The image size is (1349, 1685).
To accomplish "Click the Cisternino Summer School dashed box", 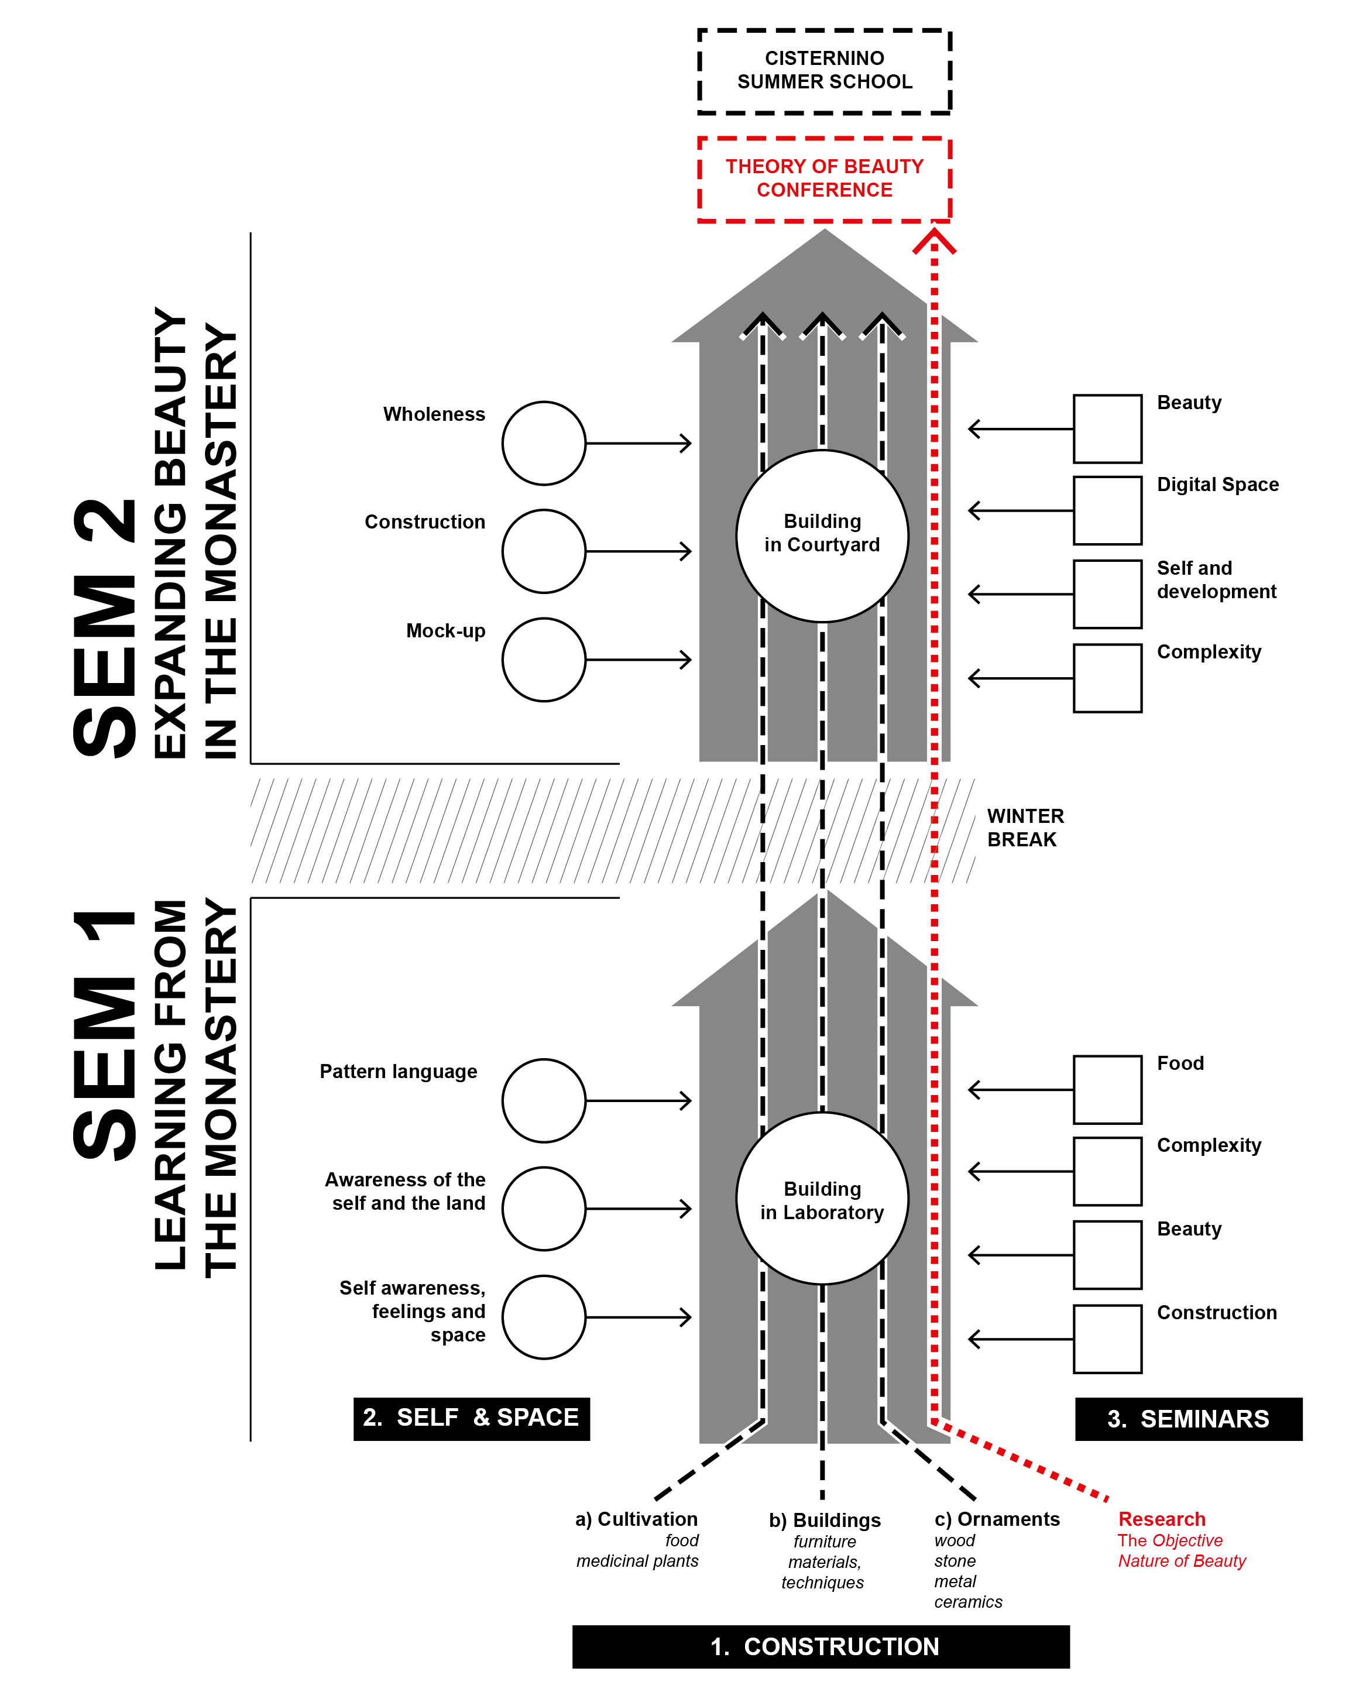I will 824,71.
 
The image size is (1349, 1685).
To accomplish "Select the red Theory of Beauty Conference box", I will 824,179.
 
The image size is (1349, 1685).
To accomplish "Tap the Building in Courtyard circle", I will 822,536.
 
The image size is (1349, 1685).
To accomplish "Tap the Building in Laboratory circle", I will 822,1197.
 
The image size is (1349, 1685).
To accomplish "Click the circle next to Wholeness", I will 543,443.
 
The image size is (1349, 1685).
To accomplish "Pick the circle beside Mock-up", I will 543,660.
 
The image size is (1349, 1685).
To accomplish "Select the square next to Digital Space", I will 1107,510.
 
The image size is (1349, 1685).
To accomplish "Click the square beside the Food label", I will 1107,1089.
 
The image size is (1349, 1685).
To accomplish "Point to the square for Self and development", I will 1107,594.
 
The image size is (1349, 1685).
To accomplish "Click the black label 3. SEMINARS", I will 1188,1419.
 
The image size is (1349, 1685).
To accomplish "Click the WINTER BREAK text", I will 1025,828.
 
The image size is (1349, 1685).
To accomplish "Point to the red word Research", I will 1161,1519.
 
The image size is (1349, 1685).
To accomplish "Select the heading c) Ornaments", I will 997,1519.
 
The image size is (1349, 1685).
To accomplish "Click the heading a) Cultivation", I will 636,1519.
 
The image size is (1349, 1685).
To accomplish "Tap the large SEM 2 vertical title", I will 105,625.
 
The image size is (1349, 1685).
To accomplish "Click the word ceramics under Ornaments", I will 967,1601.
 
